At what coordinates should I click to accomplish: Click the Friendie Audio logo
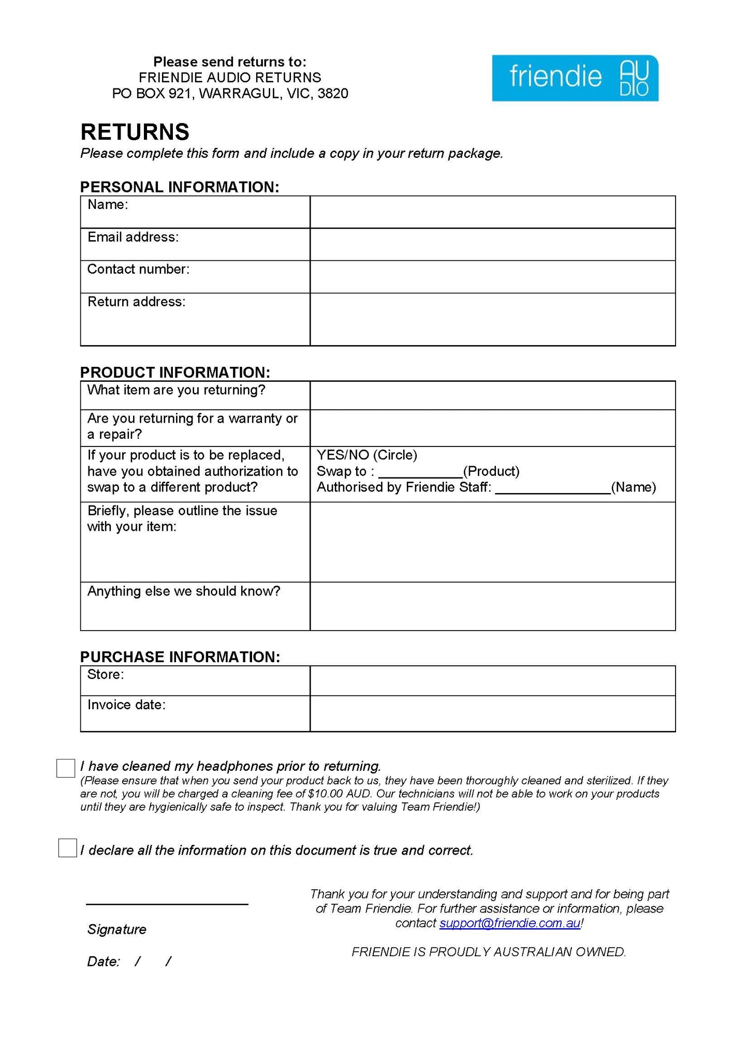tap(575, 78)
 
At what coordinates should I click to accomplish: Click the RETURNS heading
tap(135, 132)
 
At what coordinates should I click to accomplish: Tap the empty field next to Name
tap(492, 212)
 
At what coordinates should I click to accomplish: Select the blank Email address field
tap(492, 244)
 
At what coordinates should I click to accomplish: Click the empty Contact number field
tap(492, 277)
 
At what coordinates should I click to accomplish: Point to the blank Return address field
tap(492, 319)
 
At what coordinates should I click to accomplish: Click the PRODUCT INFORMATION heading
tap(175, 372)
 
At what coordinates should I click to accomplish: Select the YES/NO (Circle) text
tap(366, 455)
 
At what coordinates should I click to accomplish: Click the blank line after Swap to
tap(420, 472)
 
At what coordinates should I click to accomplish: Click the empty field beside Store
tap(492, 680)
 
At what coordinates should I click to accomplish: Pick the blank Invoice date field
tap(492, 713)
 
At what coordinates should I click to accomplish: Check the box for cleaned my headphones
tap(66, 768)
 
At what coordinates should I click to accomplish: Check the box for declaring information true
tap(67, 848)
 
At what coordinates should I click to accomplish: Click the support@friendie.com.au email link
tap(509, 923)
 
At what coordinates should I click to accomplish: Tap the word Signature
tap(116, 930)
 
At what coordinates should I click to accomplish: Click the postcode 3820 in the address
tap(333, 94)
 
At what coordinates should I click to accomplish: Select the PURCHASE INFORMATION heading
tap(180, 657)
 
